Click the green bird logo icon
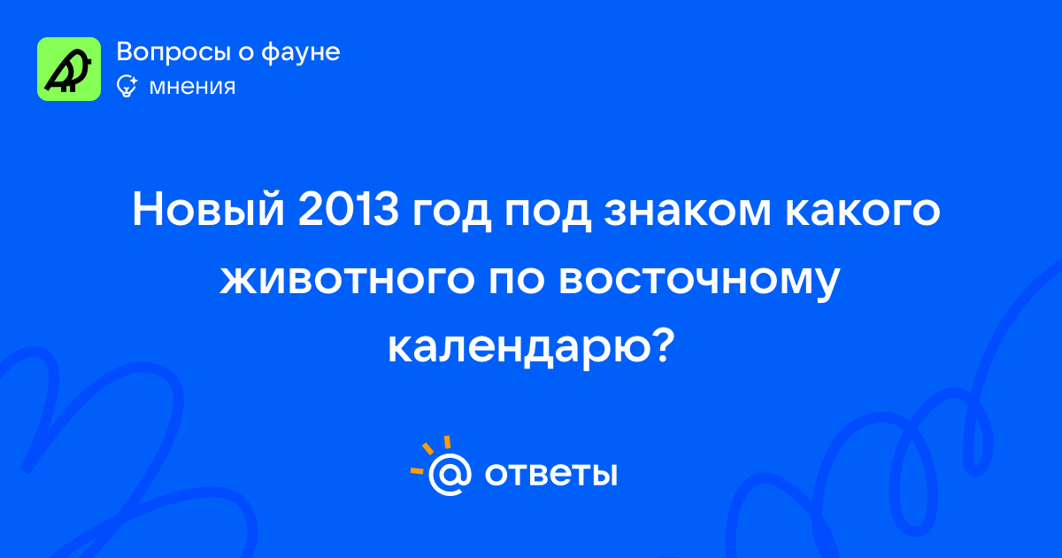69,69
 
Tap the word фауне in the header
301,52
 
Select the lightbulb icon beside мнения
127,86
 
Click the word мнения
192,87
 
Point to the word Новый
208,208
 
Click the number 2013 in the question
349,209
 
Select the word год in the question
451,213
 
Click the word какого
863,213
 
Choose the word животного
348,279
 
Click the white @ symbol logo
450,474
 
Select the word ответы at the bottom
550,474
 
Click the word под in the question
548,213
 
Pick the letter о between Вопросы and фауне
246,53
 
